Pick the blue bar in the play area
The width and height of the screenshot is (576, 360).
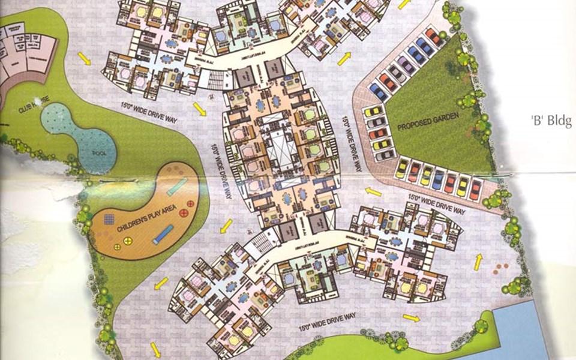coord(163,235)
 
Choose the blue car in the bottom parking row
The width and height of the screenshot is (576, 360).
coord(439,179)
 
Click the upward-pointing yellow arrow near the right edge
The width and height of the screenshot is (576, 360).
coord(478,262)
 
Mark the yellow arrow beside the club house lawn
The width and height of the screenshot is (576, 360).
coord(84,59)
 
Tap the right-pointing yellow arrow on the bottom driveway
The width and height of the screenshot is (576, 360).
coord(411,318)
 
